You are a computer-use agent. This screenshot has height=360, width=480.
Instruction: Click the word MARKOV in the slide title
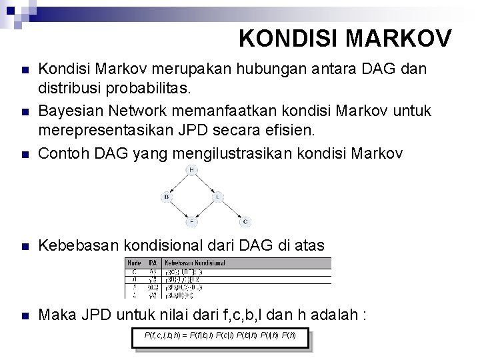point(396,39)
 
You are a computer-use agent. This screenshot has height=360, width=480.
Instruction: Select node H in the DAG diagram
point(192,171)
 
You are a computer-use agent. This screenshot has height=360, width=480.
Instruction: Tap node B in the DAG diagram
point(166,197)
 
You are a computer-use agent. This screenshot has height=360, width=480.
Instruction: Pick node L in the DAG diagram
point(217,197)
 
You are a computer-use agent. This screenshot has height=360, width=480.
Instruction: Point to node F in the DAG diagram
point(192,221)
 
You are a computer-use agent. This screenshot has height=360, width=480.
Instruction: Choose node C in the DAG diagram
point(245,221)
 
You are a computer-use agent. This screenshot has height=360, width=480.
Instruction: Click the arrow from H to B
point(179,184)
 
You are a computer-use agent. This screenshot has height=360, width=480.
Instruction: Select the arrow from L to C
point(231,209)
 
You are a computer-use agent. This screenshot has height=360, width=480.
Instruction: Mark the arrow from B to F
point(179,209)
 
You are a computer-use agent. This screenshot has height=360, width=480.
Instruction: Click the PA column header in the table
point(152,263)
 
